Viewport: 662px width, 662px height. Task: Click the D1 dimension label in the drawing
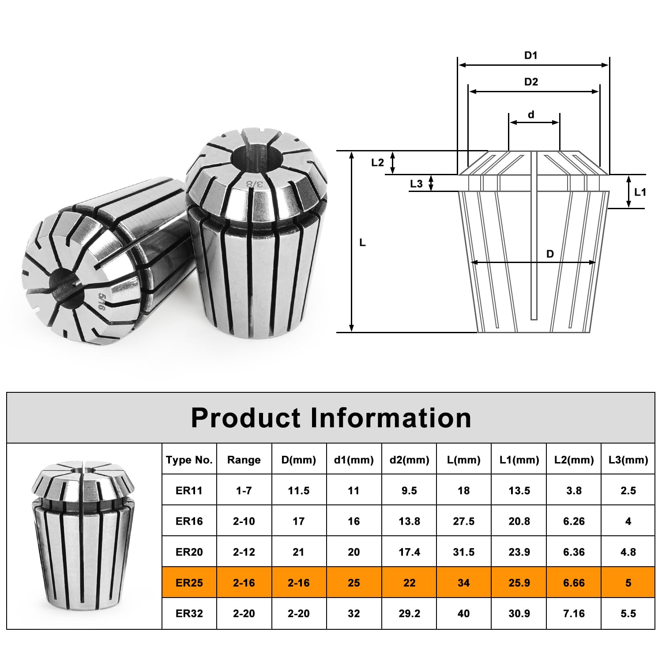(x=531, y=56)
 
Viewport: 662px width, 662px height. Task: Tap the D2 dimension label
(x=531, y=82)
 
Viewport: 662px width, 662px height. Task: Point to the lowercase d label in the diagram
(x=531, y=115)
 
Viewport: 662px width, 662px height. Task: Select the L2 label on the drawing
(x=377, y=162)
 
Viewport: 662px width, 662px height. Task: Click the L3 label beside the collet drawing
(x=416, y=184)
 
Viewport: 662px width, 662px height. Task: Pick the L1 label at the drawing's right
(x=640, y=192)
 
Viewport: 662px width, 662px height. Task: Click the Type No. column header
(x=189, y=460)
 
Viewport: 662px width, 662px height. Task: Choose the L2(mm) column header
(x=574, y=460)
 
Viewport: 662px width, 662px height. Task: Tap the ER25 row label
(x=189, y=583)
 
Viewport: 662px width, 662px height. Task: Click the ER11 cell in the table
(x=189, y=490)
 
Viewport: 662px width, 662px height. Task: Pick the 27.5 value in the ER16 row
(x=463, y=521)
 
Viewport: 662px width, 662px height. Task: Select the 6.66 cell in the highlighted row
(x=574, y=583)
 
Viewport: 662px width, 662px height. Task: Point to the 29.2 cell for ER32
(x=409, y=613)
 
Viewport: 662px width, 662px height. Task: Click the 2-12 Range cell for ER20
(x=244, y=552)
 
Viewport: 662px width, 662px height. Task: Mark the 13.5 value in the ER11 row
(x=519, y=490)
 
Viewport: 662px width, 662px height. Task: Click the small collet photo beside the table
(x=83, y=536)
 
